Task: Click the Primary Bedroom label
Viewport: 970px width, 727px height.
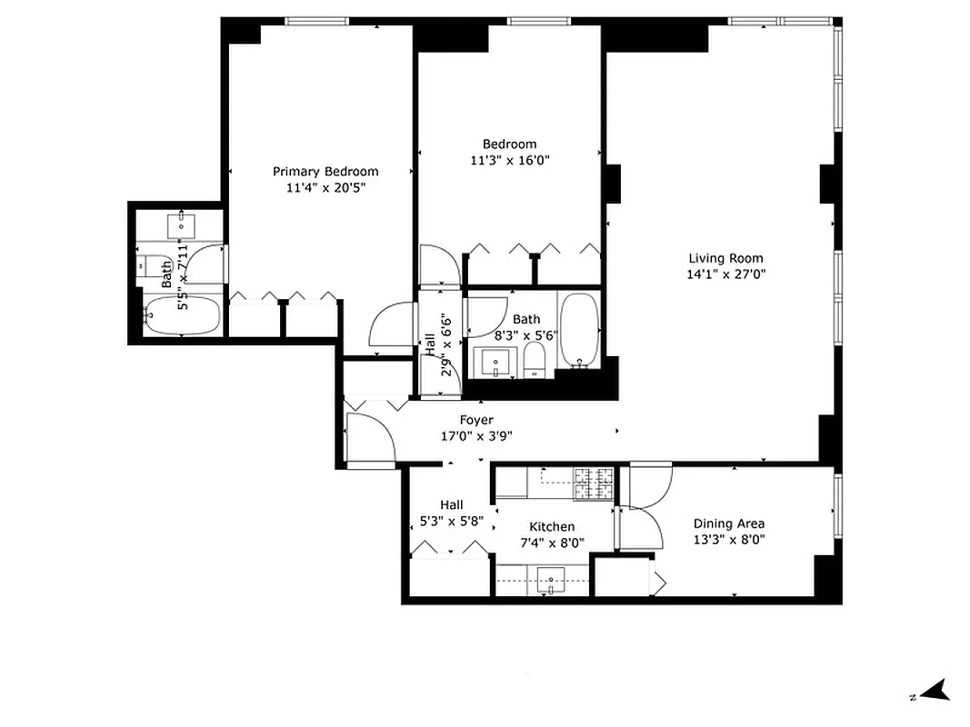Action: coord(325,171)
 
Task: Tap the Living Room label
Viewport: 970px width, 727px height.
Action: coord(725,258)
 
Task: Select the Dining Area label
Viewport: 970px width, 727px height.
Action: coord(728,523)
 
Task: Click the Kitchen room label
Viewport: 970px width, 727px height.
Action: coord(552,527)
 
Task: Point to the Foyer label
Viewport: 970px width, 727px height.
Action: coord(476,420)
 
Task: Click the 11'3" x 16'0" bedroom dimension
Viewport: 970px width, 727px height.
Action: coord(510,160)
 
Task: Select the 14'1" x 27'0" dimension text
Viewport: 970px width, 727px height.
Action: coord(725,274)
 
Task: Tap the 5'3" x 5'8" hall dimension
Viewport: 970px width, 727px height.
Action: coord(451,522)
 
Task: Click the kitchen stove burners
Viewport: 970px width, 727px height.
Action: coord(594,482)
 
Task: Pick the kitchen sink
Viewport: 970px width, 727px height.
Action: coord(551,578)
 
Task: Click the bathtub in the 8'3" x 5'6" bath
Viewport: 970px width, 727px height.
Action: coord(578,329)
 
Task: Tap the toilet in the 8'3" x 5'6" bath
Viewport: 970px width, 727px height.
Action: coord(535,359)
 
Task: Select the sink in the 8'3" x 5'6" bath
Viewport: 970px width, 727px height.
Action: coord(495,363)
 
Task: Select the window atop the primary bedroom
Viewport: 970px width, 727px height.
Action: coord(311,21)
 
